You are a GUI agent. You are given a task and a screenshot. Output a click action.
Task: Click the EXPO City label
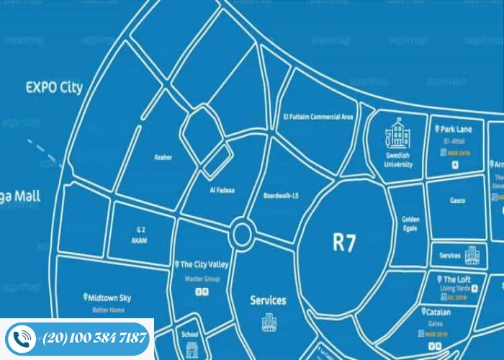point(54,88)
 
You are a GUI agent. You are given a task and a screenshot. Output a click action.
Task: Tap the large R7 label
point(344,242)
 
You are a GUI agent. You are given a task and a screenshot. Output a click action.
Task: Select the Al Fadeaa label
point(222,190)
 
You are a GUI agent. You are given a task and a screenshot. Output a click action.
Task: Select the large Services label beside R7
point(268,300)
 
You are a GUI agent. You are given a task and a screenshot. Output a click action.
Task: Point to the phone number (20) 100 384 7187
point(94,338)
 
